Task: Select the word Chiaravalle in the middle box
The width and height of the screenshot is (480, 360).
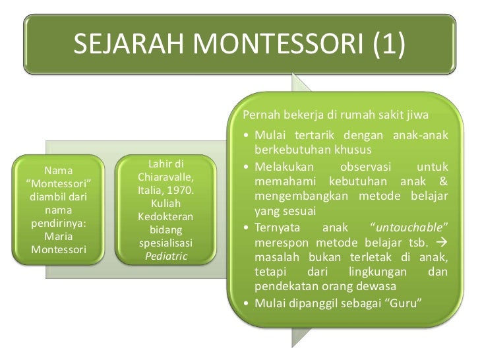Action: pos(165,178)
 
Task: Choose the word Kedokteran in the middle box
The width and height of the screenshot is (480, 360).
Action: pos(165,217)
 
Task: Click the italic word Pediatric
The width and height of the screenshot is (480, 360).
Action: pos(165,255)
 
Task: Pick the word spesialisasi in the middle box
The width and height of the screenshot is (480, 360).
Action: pos(165,242)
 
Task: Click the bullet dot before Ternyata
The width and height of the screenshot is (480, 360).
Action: pos(246,228)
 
